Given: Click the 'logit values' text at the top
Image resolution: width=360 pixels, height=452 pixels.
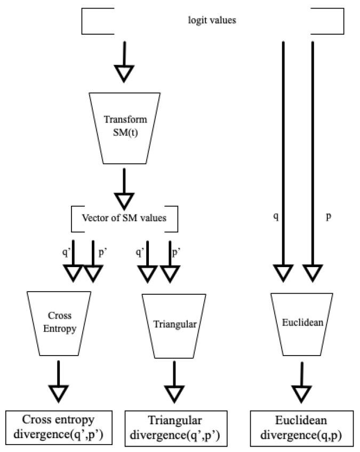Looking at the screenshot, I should tap(212, 21).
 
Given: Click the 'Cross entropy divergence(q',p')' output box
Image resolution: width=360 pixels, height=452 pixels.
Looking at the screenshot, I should tap(59, 429).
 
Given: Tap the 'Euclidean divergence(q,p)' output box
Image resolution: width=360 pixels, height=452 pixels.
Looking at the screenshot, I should tap(302, 429).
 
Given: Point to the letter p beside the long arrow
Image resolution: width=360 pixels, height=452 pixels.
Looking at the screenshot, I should tap(329, 217).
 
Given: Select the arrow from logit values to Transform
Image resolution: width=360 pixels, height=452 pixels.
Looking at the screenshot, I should tap(124, 62).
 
